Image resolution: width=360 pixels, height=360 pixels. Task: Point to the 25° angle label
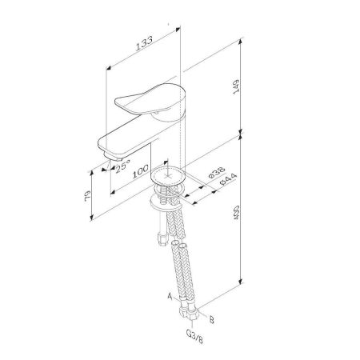[x=121, y=170]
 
